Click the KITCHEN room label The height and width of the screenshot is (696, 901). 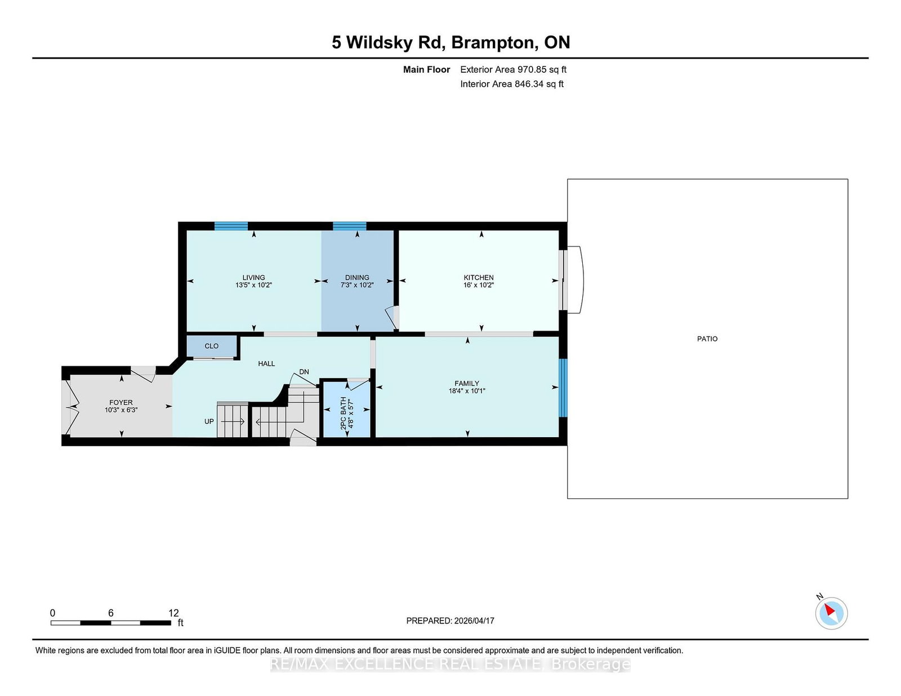(x=478, y=277)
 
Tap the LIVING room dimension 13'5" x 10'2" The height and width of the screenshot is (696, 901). (x=253, y=285)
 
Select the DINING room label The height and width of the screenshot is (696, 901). (x=357, y=277)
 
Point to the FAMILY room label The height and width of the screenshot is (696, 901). (x=466, y=383)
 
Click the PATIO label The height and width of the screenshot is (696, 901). (x=707, y=339)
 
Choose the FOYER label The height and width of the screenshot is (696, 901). (x=121, y=402)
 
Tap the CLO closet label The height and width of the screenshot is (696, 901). (x=212, y=346)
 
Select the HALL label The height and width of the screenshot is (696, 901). (x=266, y=363)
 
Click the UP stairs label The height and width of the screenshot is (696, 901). (x=209, y=421)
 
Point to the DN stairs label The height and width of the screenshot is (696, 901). (x=304, y=372)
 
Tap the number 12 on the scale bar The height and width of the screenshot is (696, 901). (x=173, y=613)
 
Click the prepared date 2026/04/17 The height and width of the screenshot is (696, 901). (x=473, y=621)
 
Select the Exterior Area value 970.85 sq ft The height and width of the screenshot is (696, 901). (x=541, y=70)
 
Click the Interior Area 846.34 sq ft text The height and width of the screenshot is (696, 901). (x=512, y=84)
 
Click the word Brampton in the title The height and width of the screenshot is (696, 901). (x=493, y=42)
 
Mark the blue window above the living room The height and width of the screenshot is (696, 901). (x=231, y=226)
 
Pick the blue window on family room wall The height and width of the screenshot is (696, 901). (x=563, y=388)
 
